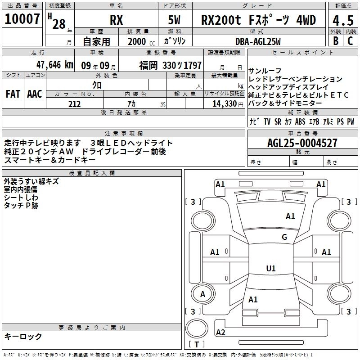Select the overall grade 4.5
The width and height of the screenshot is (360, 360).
coord(342,20)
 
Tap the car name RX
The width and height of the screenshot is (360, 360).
coord(116,21)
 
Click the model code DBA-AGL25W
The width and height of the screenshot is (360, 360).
coord(258,41)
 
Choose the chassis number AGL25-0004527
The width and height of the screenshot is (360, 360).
coord(302,143)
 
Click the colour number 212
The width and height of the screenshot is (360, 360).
coord(75,104)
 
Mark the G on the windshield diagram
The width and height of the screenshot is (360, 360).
coord(284,237)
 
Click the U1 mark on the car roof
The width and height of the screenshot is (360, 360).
coord(270,268)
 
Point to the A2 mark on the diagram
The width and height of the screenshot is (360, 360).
coord(220,333)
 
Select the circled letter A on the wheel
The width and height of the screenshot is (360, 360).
coord(202,294)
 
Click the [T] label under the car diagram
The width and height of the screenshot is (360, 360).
coord(197,345)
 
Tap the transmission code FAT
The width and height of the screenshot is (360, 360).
coord(13,94)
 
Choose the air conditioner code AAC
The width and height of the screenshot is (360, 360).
coord(35,94)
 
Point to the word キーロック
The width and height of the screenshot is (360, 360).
coord(23,336)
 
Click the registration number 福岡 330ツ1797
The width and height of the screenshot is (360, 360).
coord(170,65)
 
